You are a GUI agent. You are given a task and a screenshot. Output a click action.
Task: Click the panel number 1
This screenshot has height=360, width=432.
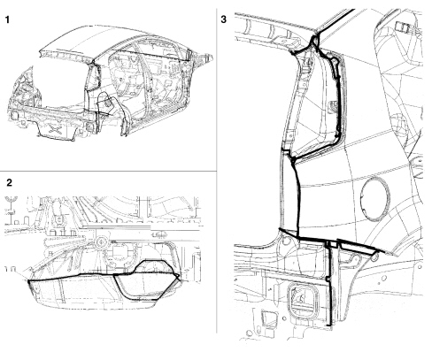7,19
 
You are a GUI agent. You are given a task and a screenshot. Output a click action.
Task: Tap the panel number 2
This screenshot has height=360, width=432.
10,183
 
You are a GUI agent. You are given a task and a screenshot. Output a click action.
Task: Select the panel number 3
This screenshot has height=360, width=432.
224,19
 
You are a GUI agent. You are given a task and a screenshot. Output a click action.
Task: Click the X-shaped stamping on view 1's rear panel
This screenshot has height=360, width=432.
56,129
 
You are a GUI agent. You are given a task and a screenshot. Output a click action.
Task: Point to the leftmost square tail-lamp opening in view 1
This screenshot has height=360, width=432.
13,115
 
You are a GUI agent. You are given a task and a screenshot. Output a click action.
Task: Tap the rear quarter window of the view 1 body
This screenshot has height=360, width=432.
94,77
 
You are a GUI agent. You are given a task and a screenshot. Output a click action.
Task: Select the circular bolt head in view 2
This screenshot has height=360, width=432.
101,242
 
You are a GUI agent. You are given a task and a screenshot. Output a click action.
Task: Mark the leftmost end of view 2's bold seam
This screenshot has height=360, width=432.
28,281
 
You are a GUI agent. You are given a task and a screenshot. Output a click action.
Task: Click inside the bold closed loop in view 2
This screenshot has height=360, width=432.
144,285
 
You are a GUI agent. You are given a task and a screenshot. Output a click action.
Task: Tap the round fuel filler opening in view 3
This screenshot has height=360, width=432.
375,198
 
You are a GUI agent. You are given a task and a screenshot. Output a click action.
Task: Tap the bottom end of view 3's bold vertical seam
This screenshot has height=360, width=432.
330,325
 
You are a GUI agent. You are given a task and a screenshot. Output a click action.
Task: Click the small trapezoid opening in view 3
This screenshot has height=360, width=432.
268,319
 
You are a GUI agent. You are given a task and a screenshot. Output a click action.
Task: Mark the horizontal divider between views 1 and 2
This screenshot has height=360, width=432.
108,171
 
